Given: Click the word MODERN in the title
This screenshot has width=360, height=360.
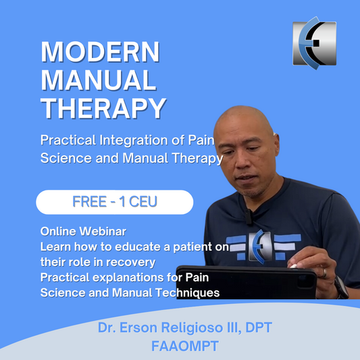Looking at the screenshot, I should (100, 53).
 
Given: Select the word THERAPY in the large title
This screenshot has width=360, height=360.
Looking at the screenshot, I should (103, 108).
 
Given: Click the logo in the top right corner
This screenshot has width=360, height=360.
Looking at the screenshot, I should (314, 43).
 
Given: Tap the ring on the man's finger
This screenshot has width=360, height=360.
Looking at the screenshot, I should (324, 273).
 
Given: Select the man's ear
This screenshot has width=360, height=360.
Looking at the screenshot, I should (284, 163).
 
